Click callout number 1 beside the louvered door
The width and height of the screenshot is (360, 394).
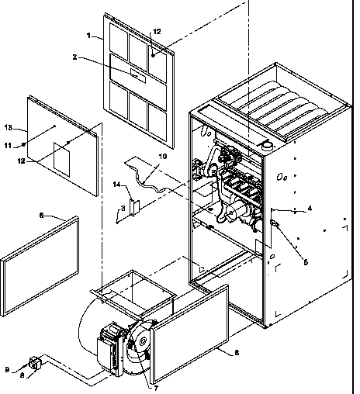pyautogui.click(x=90, y=36)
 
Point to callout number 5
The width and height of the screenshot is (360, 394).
pyautogui.click(x=304, y=261)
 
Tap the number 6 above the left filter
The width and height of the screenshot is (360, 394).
pyautogui.click(x=40, y=214)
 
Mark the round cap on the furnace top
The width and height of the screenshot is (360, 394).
pyautogui.click(x=266, y=143)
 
